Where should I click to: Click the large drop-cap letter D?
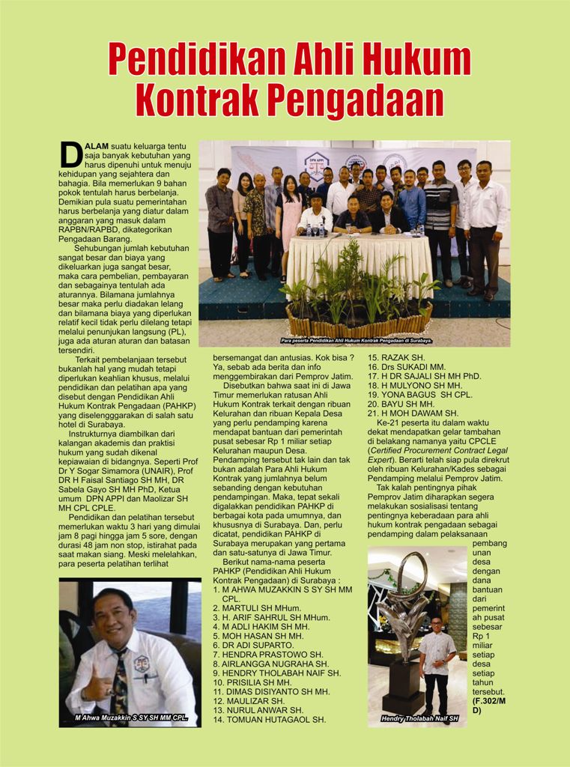click(x=70, y=154)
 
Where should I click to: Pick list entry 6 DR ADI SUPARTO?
click(x=253, y=645)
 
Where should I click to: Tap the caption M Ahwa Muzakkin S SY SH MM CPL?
click(x=131, y=718)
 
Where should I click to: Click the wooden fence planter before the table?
click(x=352, y=325)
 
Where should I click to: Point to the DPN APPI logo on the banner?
click(x=315, y=166)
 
